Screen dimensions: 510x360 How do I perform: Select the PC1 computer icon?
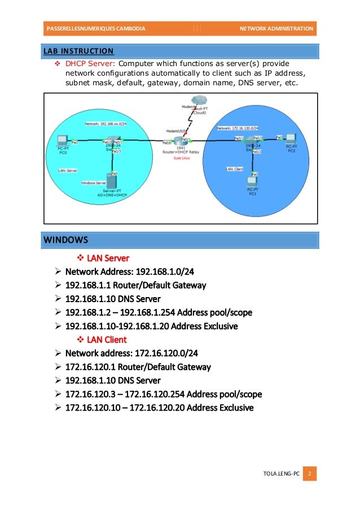point(252,183)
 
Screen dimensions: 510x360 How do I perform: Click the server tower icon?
point(112,182)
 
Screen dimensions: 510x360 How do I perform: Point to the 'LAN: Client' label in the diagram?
point(234,168)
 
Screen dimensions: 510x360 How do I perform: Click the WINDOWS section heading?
point(65,240)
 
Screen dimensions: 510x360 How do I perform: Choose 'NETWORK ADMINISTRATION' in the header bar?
point(276,28)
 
